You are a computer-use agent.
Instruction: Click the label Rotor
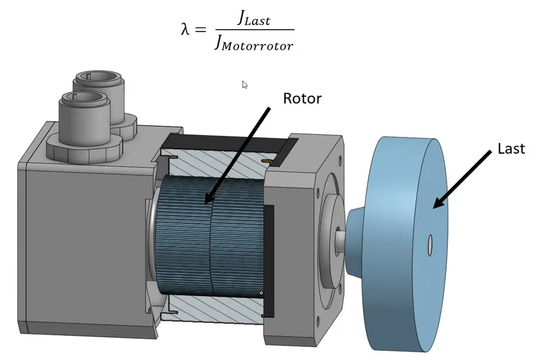pyautogui.click(x=302, y=98)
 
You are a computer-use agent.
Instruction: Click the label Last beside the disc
pyautogui.click(x=511, y=148)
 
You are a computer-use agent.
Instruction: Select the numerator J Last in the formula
pyautogui.click(x=254, y=19)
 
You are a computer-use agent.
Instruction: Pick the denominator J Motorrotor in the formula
pyautogui.click(x=254, y=43)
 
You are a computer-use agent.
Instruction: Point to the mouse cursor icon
pyautogui.click(x=245, y=85)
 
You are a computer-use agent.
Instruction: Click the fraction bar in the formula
pyautogui.click(x=254, y=30)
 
